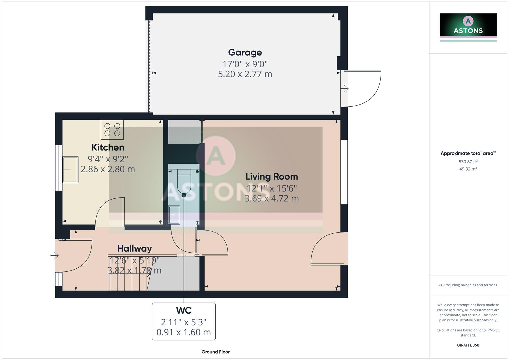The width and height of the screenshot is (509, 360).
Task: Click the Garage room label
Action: [x=245, y=52]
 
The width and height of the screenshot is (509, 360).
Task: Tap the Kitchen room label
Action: [x=108, y=147]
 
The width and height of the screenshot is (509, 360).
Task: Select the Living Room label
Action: [x=272, y=177]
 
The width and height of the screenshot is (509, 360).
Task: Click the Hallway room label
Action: [x=134, y=249]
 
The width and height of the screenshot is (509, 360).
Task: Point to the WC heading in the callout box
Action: [x=184, y=311]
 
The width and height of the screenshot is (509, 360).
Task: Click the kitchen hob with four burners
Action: [x=112, y=130]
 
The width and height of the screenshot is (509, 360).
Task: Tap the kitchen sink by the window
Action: [x=70, y=170]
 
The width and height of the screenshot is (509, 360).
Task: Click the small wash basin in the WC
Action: [x=174, y=215]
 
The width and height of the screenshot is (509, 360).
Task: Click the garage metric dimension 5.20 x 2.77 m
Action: [x=245, y=74]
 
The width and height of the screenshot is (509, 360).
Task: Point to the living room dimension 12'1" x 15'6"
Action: [x=272, y=188]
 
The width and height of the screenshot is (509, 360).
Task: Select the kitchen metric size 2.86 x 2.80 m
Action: [x=108, y=169]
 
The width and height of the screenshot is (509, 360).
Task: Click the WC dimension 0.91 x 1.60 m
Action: [x=184, y=332]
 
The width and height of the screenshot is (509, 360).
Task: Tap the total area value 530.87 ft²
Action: [x=468, y=162]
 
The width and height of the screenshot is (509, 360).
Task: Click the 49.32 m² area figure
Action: [x=468, y=169]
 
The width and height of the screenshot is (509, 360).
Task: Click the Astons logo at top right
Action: [x=468, y=26]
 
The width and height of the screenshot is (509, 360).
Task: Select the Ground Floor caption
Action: [x=215, y=352]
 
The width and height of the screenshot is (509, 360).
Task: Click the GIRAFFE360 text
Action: [x=468, y=345]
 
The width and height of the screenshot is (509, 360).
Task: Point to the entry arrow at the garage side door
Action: [x=345, y=88]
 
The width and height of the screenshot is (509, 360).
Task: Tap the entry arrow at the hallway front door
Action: [x=55, y=256]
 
